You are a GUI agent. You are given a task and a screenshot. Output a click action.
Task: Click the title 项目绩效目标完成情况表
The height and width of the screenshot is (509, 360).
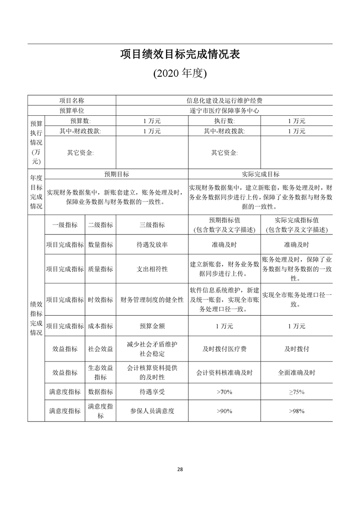click(x=180, y=55)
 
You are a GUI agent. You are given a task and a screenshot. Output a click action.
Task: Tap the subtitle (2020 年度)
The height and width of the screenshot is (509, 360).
click(x=180, y=74)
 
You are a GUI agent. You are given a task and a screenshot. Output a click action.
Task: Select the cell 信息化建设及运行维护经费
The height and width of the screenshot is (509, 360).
click(x=224, y=100)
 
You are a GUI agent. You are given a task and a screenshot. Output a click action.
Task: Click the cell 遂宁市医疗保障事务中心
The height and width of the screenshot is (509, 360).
click(x=224, y=111)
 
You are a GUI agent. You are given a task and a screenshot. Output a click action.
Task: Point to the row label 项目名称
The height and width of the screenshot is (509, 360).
click(x=72, y=100)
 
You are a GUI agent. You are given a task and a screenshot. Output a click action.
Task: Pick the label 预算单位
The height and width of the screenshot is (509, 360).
click(x=72, y=111)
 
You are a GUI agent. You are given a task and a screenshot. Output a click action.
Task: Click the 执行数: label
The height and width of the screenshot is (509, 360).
click(x=224, y=121)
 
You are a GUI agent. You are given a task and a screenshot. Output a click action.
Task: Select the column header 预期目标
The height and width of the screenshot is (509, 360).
click(x=117, y=174)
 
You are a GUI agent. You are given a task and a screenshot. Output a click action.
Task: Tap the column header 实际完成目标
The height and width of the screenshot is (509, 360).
click(x=261, y=174)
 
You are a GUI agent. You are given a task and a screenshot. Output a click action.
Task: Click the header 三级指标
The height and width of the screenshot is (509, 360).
click(x=152, y=225)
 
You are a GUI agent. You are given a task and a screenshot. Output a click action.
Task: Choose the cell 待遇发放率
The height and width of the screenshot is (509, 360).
click(x=152, y=245)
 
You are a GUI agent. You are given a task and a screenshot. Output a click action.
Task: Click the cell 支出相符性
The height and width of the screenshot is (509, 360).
click(x=152, y=269)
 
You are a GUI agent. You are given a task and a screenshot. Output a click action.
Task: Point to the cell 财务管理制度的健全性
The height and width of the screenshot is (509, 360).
click(x=152, y=299)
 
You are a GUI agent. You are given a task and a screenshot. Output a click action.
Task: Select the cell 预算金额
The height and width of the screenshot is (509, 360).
click(x=152, y=326)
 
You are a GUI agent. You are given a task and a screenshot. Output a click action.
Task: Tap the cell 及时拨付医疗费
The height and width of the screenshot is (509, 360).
click(x=224, y=349)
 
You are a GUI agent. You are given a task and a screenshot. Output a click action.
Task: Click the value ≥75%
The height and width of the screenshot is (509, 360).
click(x=296, y=392)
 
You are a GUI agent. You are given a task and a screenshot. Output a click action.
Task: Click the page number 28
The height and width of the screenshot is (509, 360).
click(x=180, y=470)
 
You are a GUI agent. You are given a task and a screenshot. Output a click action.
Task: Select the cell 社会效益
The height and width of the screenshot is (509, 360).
click(x=100, y=349)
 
